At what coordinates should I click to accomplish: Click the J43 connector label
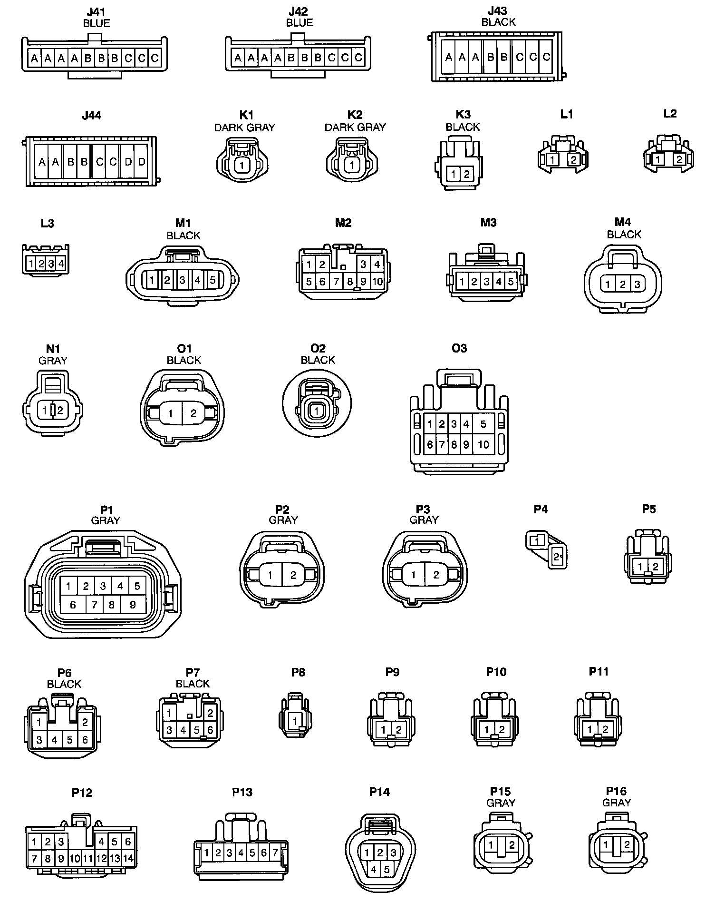click(x=497, y=10)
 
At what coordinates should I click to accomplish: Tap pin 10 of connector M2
click(x=377, y=282)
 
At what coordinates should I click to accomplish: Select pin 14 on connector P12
click(x=128, y=859)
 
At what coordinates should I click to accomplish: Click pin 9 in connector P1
click(x=133, y=605)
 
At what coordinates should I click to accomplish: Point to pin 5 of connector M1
click(x=213, y=280)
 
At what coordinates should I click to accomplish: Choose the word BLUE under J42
click(x=299, y=22)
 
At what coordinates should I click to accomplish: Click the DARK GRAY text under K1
click(x=244, y=127)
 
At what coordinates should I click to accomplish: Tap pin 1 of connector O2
click(x=316, y=411)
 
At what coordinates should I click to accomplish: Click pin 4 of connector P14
click(x=374, y=870)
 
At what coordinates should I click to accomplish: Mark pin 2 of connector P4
click(x=557, y=556)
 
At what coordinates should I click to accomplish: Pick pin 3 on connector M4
click(x=637, y=284)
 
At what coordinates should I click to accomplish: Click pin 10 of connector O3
click(x=483, y=444)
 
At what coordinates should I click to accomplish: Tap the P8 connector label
click(x=298, y=672)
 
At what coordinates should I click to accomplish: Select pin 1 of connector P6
click(x=39, y=722)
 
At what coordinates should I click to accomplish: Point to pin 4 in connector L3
click(x=61, y=264)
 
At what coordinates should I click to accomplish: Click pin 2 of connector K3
click(x=466, y=174)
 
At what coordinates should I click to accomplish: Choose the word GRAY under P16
click(x=616, y=803)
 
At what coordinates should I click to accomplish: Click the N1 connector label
click(x=52, y=350)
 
